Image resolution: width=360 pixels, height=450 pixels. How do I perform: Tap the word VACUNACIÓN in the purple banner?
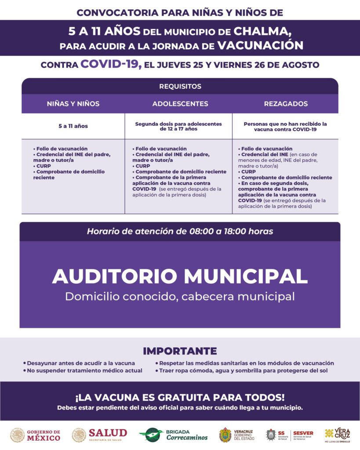[260, 45]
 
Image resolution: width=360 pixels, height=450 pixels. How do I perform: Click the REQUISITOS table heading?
[180, 87]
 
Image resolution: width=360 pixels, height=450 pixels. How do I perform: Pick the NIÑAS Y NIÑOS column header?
[73, 104]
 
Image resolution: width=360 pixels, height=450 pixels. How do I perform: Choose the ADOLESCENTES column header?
[180, 104]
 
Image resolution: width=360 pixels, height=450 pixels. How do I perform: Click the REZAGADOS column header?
[285, 104]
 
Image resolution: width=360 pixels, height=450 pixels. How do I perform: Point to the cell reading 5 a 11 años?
[73, 126]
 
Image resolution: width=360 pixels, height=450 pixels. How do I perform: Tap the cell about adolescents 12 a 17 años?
[178, 127]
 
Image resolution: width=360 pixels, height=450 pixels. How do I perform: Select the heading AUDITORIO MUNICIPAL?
[180, 276]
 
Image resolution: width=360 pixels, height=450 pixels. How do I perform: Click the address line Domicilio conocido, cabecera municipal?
[180, 296]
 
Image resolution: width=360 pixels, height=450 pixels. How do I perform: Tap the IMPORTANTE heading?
[180, 351]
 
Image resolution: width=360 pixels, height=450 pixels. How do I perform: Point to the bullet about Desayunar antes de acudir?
[81, 363]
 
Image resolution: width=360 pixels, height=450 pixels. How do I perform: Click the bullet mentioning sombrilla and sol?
[244, 371]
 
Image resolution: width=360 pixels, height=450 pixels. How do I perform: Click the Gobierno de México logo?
[36, 435]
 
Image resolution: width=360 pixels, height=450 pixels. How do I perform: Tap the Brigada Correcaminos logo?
[173, 435]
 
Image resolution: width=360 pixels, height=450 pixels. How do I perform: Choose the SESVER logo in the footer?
[302, 435]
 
